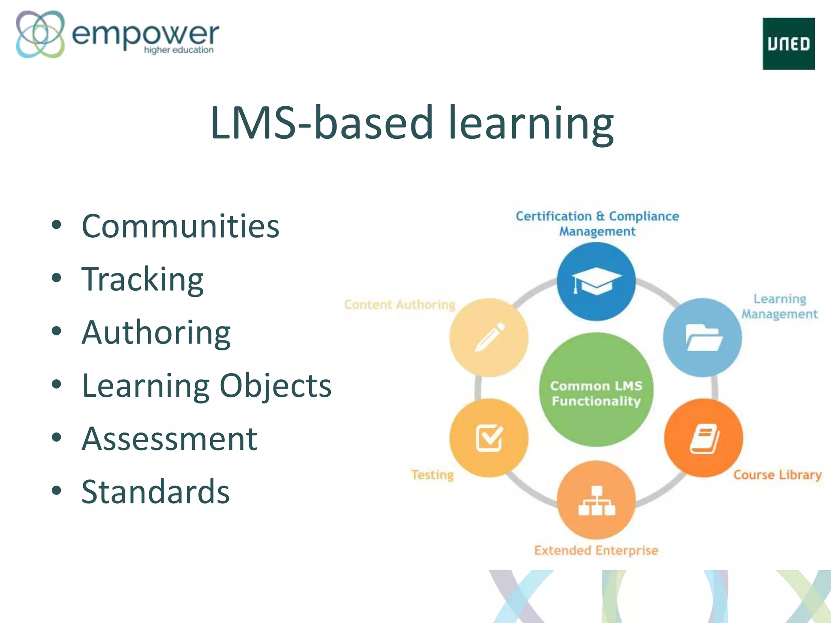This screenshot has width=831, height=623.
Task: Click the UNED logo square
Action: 788,43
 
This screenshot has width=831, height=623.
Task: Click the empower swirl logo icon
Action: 40,34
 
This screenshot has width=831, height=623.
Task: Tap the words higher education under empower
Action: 179,50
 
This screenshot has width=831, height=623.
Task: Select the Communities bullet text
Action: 180,226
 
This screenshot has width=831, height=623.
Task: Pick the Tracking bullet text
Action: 142,279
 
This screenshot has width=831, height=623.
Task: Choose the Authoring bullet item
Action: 156,332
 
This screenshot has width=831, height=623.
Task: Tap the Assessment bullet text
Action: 169,438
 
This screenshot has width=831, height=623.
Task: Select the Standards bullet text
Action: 155,492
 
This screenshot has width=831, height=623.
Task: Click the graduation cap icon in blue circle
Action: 596,281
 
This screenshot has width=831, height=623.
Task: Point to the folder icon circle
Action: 703,337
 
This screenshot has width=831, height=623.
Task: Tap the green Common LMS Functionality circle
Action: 596,390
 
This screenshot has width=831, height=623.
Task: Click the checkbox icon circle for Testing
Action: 489,438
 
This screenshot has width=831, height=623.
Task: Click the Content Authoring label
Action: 400,305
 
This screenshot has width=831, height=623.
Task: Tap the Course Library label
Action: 777,475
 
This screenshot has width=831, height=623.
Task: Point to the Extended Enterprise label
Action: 596,550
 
